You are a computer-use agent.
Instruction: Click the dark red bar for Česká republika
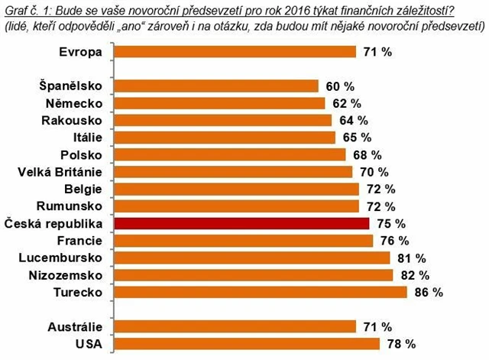click(x=242, y=224)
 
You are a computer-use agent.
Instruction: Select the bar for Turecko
click(x=261, y=292)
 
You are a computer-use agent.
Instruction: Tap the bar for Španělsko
click(x=216, y=86)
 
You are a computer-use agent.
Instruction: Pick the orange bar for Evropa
click(x=235, y=51)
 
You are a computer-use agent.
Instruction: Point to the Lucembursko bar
click(x=252, y=258)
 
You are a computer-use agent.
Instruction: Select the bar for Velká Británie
click(x=236, y=172)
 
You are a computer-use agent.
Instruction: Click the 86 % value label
click(x=428, y=292)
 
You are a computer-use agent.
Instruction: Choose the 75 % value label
click(x=390, y=224)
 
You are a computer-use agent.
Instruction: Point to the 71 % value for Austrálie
click(x=377, y=326)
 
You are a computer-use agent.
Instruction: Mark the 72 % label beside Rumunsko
click(x=380, y=206)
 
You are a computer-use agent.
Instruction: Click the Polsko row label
click(x=87, y=154)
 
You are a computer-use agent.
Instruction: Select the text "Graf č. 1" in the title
click(x=23, y=8)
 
